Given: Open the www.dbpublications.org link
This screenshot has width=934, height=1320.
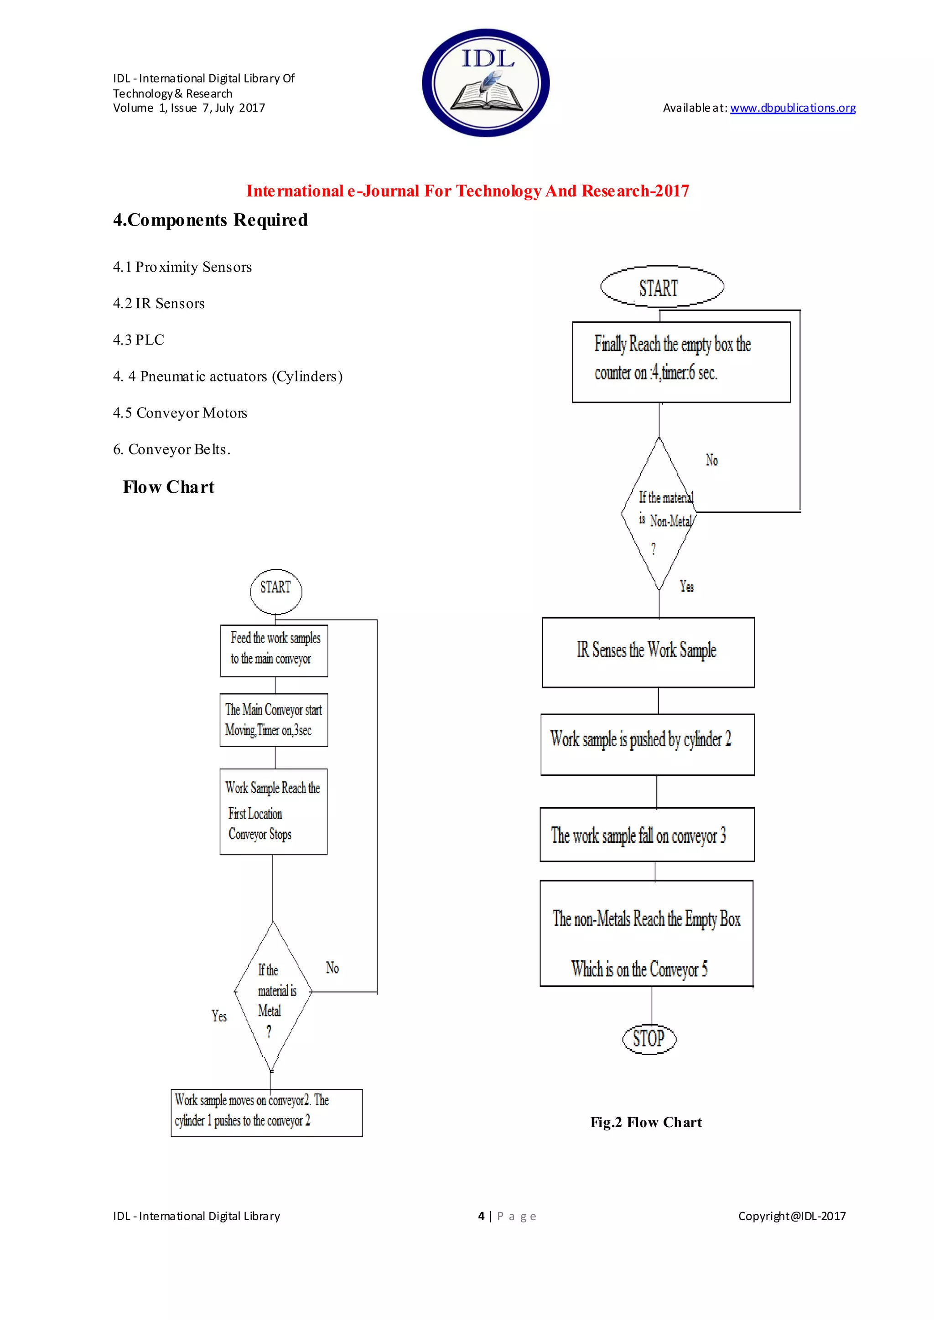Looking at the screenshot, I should pos(793,108).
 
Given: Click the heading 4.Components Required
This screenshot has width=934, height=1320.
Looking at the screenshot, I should pos(211,220).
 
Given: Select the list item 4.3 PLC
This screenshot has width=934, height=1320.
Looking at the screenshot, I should pos(139,340).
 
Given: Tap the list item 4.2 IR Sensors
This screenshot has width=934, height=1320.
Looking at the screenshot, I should pos(159,304).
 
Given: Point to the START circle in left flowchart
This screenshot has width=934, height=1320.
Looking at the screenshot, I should pos(275,591).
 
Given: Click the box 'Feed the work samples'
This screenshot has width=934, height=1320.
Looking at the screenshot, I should pos(275,650).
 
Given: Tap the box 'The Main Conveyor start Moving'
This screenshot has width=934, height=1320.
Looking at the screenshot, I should pos(274,720).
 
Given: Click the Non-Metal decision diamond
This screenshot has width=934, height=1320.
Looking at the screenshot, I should pos(659,514).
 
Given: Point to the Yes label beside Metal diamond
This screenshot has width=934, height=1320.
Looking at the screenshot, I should pos(219,1016).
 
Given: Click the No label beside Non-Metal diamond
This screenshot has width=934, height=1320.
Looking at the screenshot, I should pos(712,460).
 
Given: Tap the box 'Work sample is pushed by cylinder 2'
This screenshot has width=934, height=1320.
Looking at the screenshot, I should pos(648,744).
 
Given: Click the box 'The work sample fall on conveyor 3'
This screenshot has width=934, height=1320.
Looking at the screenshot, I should pos(647,835).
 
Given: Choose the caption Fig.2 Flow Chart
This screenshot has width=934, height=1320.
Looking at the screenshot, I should pos(646,1122).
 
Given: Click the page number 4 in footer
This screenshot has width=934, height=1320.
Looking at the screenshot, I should pos(482,1216).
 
